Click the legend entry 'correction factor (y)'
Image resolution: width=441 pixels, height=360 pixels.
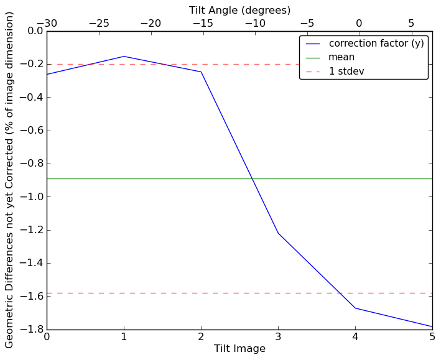376,44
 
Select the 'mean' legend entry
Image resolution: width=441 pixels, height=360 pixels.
341,57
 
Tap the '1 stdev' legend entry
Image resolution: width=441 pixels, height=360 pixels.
346,72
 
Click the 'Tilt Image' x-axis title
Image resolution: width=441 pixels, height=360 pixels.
239,349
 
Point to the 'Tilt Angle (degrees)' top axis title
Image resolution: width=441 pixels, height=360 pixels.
239,10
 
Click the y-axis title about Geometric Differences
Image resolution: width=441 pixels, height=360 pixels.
9,180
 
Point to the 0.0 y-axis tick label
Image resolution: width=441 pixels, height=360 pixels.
34,31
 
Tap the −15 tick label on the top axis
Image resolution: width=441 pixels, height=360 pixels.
203,23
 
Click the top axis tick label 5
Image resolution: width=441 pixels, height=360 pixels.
411,23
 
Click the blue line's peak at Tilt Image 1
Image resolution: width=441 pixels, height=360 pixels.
124,57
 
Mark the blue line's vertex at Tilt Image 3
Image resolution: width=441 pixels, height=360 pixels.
278,233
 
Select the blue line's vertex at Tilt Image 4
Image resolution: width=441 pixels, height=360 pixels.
355,308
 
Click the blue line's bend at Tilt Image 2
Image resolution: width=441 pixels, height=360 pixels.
201,72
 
